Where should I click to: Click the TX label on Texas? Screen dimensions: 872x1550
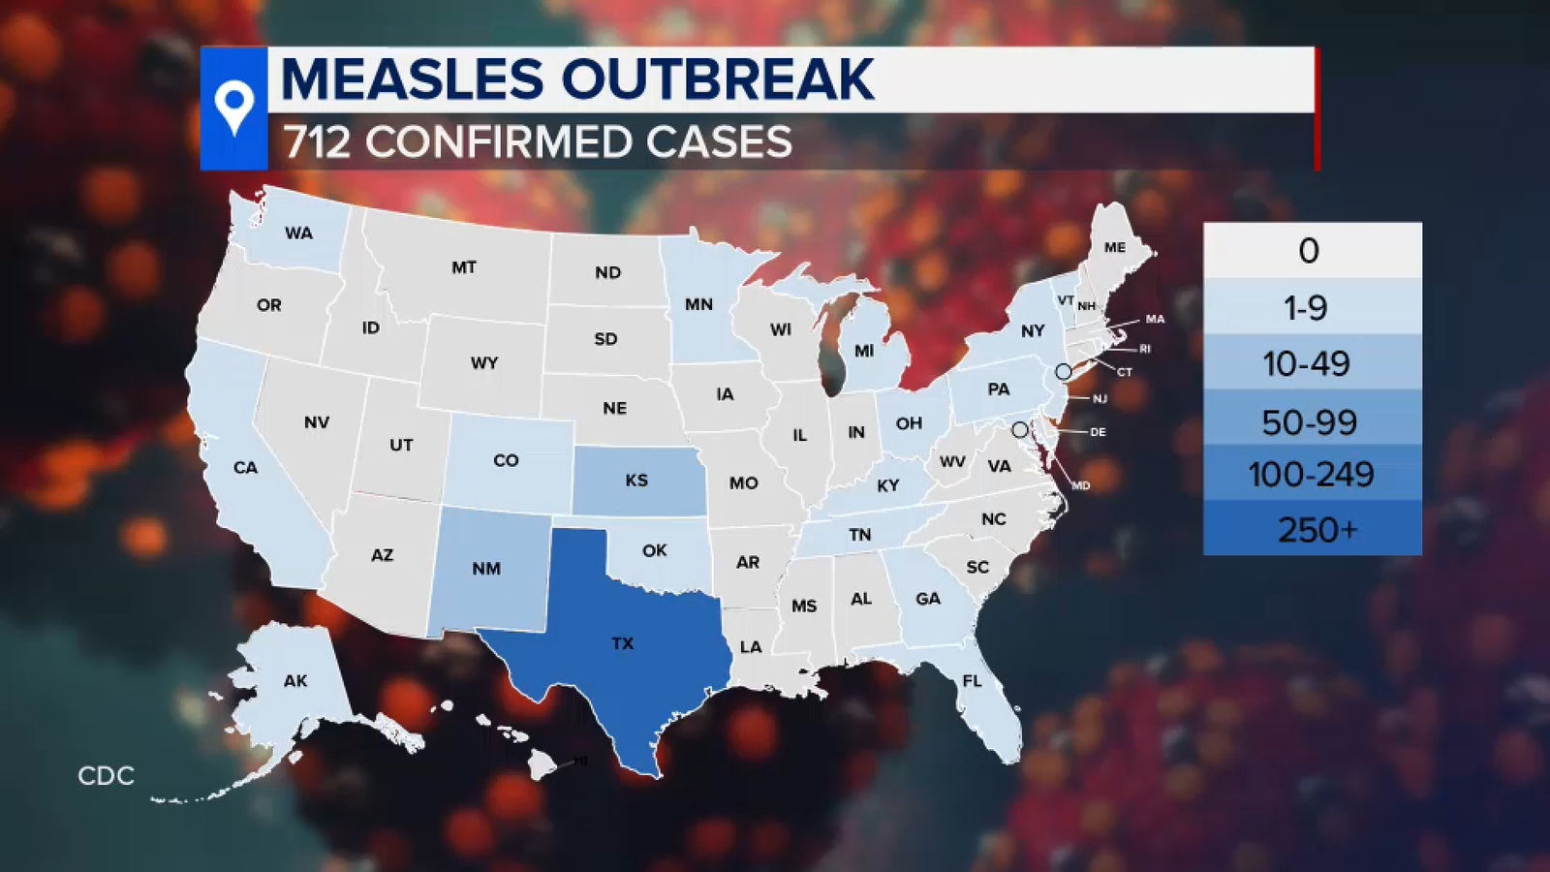[x=622, y=643]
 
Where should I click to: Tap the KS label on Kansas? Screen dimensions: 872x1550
[x=636, y=481]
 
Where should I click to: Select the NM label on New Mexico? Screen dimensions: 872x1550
[x=486, y=569]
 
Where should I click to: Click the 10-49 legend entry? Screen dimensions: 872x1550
[x=1306, y=364]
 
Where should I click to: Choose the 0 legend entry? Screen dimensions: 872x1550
[x=1308, y=251]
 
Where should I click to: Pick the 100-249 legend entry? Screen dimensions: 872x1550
[x=1311, y=475]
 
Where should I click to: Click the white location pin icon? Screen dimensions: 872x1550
[x=233, y=108]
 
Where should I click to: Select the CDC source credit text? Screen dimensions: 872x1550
[x=106, y=776]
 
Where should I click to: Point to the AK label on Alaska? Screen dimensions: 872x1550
[x=295, y=681]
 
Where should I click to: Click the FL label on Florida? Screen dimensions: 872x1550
[x=972, y=681]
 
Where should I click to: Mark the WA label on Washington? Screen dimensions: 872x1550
[x=298, y=234]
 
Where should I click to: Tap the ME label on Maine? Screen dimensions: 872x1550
[x=1115, y=248]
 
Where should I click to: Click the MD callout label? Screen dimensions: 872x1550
[x=1081, y=485]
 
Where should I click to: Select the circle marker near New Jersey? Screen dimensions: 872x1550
[x=1063, y=371]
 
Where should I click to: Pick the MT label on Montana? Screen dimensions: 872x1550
[x=464, y=267]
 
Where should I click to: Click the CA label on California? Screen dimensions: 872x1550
[x=245, y=468]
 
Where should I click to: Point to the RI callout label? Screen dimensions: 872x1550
[x=1145, y=349]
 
